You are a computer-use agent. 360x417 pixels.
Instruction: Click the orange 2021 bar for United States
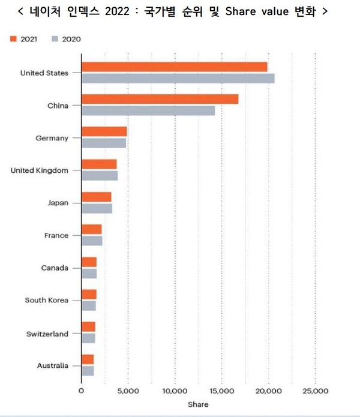pos(174,67)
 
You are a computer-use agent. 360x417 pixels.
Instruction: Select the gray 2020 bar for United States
pos(178,78)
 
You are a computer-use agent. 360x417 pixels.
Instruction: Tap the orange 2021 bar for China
pos(160,100)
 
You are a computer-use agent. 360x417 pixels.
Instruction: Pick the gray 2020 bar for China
pos(148,110)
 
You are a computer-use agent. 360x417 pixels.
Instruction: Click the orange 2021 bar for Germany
pos(104,132)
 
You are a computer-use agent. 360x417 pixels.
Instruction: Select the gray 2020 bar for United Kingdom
pos(99,175)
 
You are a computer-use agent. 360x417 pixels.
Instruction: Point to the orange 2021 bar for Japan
pos(96,197)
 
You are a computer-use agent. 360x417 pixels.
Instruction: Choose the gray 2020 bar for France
pos(92,241)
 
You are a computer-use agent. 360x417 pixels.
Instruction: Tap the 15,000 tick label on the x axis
pos(221,391)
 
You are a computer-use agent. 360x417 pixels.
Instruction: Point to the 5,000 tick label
pos(128,391)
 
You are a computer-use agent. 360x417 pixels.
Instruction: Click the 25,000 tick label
pos(315,391)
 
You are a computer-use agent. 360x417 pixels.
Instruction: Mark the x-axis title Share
pos(198,404)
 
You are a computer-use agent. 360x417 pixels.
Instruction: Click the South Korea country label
pos(46,301)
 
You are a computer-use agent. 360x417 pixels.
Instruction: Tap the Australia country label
pos(52,365)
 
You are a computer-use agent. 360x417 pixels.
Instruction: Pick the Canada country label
pos(55,268)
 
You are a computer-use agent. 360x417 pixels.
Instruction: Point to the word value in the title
pos(269,11)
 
